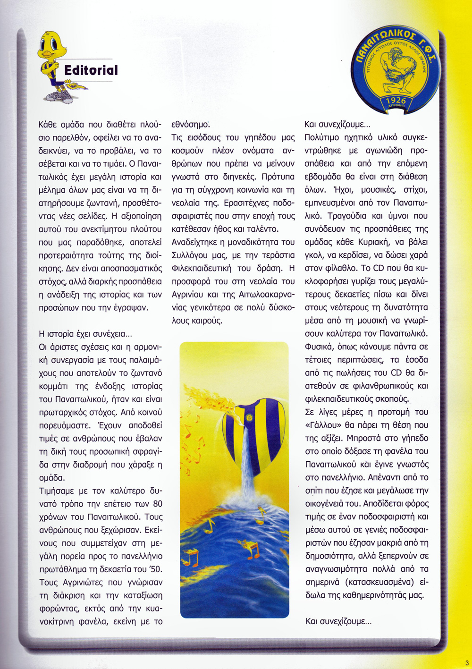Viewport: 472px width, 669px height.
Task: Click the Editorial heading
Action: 91,70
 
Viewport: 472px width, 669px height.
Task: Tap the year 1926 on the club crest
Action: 396,102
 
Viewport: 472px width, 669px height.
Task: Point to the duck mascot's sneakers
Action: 60,97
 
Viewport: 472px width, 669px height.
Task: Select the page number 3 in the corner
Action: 466,662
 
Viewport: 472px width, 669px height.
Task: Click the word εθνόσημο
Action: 190,125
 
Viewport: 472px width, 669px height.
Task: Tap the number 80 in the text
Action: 157,503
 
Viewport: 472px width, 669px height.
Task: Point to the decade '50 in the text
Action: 154,569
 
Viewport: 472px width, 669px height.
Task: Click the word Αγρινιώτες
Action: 83,582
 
